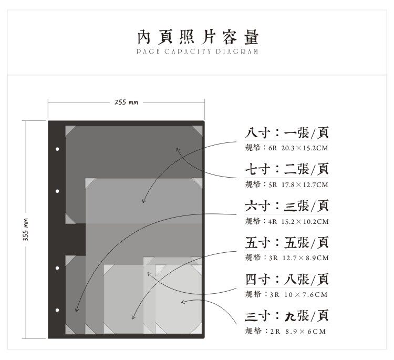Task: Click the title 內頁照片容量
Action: click(198, 37)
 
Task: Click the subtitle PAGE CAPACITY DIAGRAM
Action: click(198, 52)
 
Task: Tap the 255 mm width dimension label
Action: click(126, 102)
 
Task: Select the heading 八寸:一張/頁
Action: click(287, 132)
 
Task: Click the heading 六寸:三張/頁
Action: click(287, 205)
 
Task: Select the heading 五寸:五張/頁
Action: click(287, 242)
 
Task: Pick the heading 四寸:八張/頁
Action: click(287, 279)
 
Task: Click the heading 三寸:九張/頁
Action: click(287, 316)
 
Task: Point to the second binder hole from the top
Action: click(57, 191)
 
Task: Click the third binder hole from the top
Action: click(57, 269)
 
